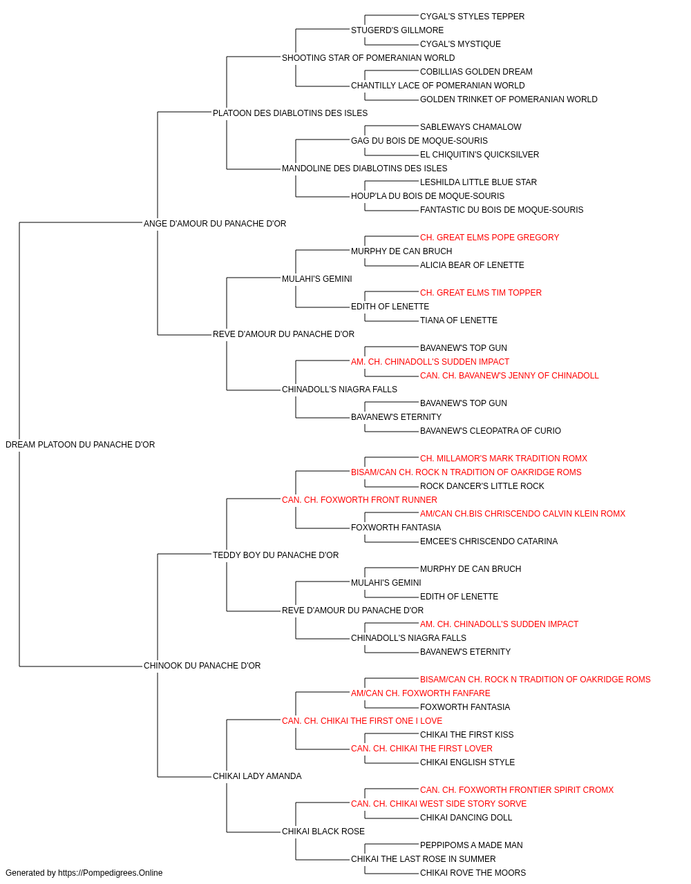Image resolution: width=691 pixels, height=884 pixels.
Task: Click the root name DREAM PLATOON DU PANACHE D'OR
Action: point(80,445)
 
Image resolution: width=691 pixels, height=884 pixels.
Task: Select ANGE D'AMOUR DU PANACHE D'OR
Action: point(215,224)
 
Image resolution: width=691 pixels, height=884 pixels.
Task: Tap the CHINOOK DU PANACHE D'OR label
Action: point(202,666)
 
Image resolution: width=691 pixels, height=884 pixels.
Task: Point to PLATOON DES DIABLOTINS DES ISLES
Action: point(290,113)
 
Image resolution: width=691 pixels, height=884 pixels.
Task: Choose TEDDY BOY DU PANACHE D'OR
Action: point(276,555)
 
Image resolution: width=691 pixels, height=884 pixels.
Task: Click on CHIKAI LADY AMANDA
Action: point(257,776)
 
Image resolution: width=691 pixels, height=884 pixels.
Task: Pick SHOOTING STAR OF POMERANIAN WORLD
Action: point(368,58)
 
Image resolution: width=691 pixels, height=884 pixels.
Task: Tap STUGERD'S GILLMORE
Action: point(397,30)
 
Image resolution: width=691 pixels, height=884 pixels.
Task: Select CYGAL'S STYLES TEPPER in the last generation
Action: point(472,17)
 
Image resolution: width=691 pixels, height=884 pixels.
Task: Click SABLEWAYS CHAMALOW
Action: point(471,127)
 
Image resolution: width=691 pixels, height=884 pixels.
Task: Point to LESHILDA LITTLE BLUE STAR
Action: point(478,182)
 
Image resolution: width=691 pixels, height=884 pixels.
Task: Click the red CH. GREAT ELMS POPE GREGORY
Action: point(489,238)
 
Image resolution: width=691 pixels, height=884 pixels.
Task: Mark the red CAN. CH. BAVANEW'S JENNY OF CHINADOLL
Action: point(509,376)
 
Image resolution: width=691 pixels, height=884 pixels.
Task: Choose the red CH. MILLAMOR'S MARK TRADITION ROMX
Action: point(504,459)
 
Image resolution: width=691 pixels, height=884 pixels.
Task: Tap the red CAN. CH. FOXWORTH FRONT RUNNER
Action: point(359,500)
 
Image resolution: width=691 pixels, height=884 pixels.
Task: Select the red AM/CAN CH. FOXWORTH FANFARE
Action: point(420,693)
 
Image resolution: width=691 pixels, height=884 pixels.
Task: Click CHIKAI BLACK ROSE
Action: point(323,832)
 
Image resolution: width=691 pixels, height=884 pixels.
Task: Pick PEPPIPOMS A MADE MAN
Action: point(471,845)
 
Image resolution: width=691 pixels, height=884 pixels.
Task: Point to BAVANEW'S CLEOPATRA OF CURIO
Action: point(491,431)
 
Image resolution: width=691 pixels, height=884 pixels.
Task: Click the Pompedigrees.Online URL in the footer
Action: point(111,873)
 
